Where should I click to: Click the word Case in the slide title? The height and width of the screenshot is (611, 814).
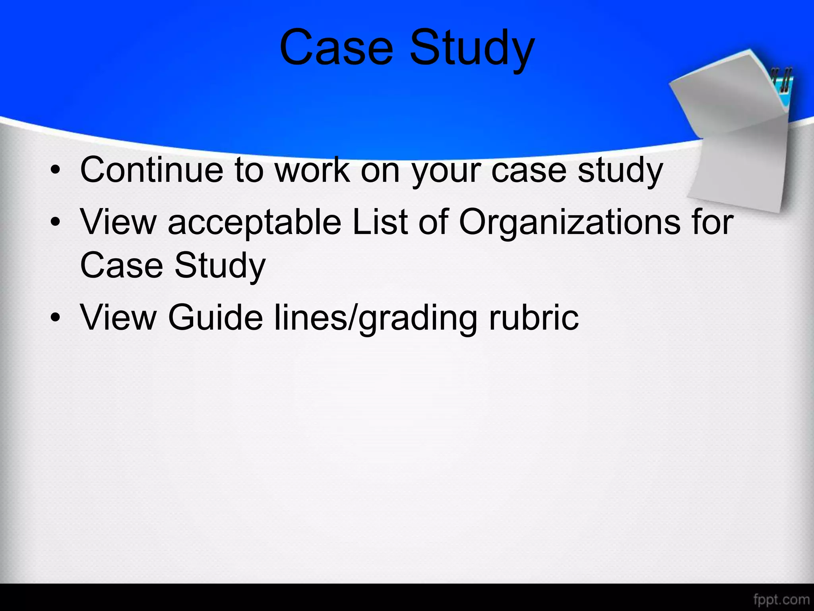tap(336, 48)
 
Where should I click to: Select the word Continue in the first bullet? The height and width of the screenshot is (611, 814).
tap(152, 170)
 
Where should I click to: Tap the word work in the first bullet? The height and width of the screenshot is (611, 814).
tap(313, 170)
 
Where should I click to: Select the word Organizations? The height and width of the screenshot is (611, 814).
tap(569, 223)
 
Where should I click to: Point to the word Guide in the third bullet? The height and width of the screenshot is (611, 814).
tap(215, 317)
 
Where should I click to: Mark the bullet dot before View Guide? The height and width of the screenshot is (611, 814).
tap(56, 317)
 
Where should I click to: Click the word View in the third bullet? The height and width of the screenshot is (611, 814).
tap(118, 317)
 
